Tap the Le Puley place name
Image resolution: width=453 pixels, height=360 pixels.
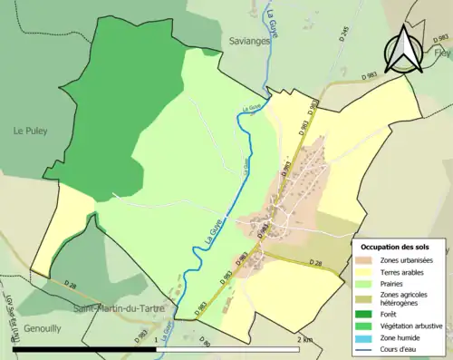pyautogui.click(x=29, y=130)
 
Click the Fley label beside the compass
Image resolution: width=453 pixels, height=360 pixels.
pyautogui.click(x=441, y=53)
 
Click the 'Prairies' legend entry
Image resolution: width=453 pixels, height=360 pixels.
pyautogui.click(x=398, y=282)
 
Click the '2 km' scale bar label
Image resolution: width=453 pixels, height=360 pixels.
pyautogui.click(x=305, y=339)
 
